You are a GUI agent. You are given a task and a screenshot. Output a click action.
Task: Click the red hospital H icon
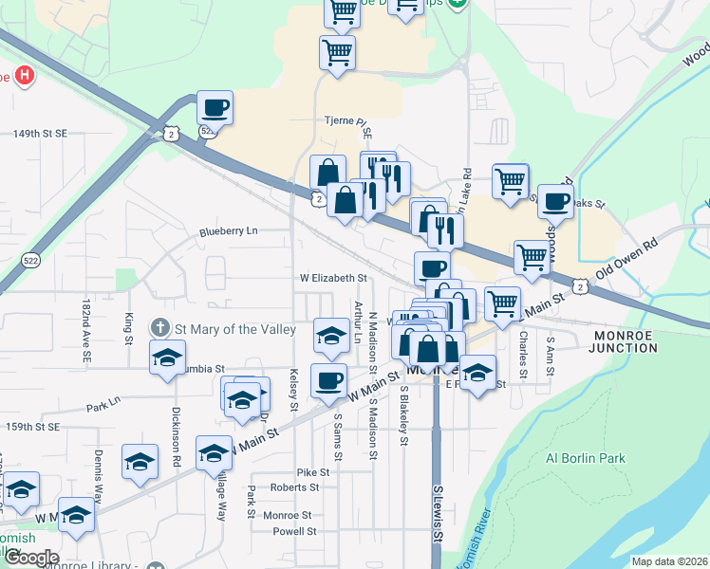pyautogui.click(x=26, y=75)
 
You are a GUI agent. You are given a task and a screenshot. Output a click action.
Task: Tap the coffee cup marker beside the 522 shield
pyautogui.click(x=215, y=107)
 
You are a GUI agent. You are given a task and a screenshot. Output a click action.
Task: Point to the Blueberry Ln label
pyautogui.click(x=228, y=230)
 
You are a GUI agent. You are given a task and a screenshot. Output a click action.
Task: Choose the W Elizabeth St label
pyautogui.click(x=333, y=278)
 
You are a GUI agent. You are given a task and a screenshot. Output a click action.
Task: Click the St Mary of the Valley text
pyautogui.click(x=228, y=329)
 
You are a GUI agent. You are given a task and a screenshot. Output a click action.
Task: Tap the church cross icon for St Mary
pyautogui.click(x=159, y=328)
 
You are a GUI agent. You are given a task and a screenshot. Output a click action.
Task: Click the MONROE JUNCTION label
pyautogui.click(x=625, y=341)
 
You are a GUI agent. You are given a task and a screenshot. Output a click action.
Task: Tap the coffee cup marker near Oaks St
pyautogui.click(x=555, y=201)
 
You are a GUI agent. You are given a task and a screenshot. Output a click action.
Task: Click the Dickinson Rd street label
pyautogui.click(x=177, y=436)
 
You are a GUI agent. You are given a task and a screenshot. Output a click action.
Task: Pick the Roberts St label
pyautogui.click(x=294, y=487)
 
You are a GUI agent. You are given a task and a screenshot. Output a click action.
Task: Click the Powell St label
pyautogui.click(x=293, y=531)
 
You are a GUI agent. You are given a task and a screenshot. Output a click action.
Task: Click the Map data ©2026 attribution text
pyautogui.click(x=669, y=561)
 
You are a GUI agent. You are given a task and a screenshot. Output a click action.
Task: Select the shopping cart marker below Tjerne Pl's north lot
pyautogui.click(x=338, y=53)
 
